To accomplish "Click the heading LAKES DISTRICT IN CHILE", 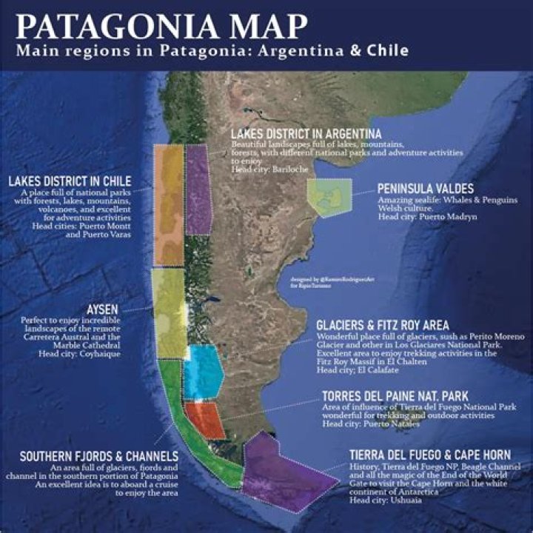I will [x=70, y=181].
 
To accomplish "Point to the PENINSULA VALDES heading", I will [x=425, y=189].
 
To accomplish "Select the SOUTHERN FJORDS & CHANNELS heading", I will [x=98, y=456].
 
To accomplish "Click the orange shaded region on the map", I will [x=168, y=204].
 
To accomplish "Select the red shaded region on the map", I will [x=203, y=419].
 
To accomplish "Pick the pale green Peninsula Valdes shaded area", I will [x=329, y=196].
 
